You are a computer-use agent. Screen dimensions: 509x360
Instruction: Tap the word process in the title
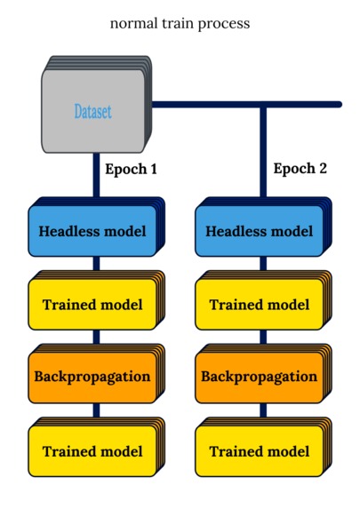tap(225, 24)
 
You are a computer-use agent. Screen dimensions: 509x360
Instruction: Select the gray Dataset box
tap(93, 111)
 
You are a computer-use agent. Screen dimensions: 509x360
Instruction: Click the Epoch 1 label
tap(131, 169)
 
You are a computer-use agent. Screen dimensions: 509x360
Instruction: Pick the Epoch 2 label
tap(300, 169)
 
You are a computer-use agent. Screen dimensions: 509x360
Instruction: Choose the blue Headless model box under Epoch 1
tap(92, 232)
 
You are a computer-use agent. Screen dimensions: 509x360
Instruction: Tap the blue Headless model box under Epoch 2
tap(260, 232)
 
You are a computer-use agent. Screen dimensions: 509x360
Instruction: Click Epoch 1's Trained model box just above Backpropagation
tap(92, 305)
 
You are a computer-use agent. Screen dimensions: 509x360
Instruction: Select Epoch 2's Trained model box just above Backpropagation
tap(260, 305)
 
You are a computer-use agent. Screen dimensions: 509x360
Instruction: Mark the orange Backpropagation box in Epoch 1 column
tap(92, 377)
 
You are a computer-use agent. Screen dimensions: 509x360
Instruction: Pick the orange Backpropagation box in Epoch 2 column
tap(260, 377)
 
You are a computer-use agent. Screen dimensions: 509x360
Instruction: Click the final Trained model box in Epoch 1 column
tap(92, 451)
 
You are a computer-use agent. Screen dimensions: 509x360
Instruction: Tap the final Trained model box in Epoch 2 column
tap(260, 451)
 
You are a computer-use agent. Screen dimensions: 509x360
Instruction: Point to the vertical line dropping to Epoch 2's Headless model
tap(263, 151)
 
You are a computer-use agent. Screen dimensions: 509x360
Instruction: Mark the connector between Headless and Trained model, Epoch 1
tap(96, 264)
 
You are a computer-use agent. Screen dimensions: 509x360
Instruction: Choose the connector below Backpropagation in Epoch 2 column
tap(263, 410)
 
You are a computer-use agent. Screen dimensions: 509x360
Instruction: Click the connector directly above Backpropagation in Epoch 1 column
tap(96, 338)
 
